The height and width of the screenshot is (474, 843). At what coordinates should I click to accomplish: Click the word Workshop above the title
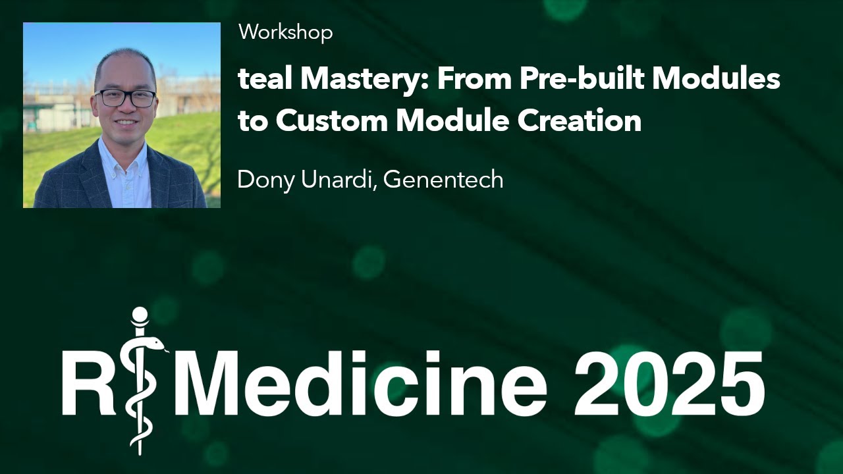(x=285, y=32)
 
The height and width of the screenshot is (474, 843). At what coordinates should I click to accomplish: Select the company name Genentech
(x=443, y=179)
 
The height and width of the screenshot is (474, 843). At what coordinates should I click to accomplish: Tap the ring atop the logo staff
(x=140, y=317)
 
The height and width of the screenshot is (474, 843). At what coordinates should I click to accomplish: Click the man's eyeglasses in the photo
(x=125, y=99)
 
